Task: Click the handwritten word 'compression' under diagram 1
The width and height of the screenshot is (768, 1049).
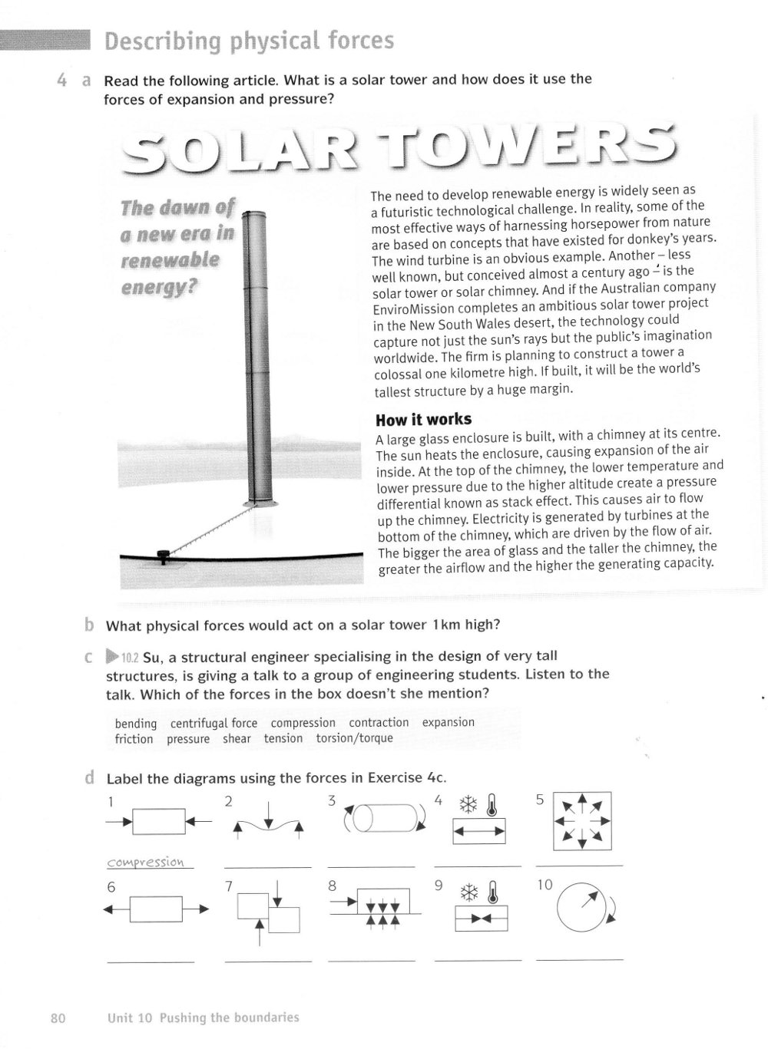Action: point(146,862)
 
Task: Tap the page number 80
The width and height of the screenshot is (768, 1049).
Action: point(58,1018)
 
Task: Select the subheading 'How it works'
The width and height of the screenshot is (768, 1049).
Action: point(423,420)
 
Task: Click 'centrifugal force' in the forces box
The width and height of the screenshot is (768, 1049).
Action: point(214,723)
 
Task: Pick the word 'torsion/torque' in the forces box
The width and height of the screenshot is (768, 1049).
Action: point(354,738)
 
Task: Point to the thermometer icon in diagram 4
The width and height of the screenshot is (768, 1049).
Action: point(492,804)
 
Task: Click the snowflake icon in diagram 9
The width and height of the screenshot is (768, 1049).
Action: point(468,892)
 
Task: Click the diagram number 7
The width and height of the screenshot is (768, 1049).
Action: point(229,886)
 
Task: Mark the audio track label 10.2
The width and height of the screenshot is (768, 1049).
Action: point(129,657)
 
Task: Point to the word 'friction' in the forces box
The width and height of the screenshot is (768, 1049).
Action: point(134,739)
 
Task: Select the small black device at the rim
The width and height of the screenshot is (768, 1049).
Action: point(163,555)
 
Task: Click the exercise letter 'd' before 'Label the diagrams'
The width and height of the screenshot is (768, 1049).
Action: point(91,778)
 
